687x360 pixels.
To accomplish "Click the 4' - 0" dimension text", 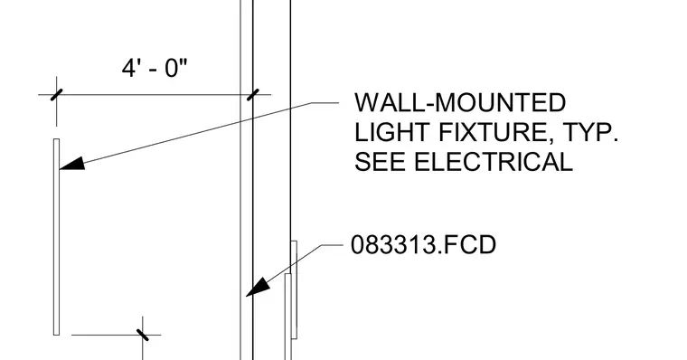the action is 155,69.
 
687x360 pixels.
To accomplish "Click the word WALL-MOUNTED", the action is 460,102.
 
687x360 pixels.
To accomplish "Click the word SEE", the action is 380,161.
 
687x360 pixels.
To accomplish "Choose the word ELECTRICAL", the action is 494,161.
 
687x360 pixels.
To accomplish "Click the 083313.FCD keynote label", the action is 423,245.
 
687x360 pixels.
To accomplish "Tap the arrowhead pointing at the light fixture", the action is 71,164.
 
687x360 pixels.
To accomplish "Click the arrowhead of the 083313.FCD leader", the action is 259,287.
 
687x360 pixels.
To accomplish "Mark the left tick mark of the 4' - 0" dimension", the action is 57,95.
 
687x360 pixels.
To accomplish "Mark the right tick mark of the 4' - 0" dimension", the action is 253,95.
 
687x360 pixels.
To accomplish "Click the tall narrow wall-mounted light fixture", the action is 57,237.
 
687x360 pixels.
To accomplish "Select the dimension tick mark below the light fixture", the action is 143,335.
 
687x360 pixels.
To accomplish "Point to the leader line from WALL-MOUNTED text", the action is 200,135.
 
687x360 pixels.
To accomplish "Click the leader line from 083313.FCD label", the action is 295,270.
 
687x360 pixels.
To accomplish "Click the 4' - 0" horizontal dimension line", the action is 155,95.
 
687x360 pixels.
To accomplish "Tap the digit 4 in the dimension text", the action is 128,69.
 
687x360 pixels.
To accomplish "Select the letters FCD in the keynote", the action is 469,245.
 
